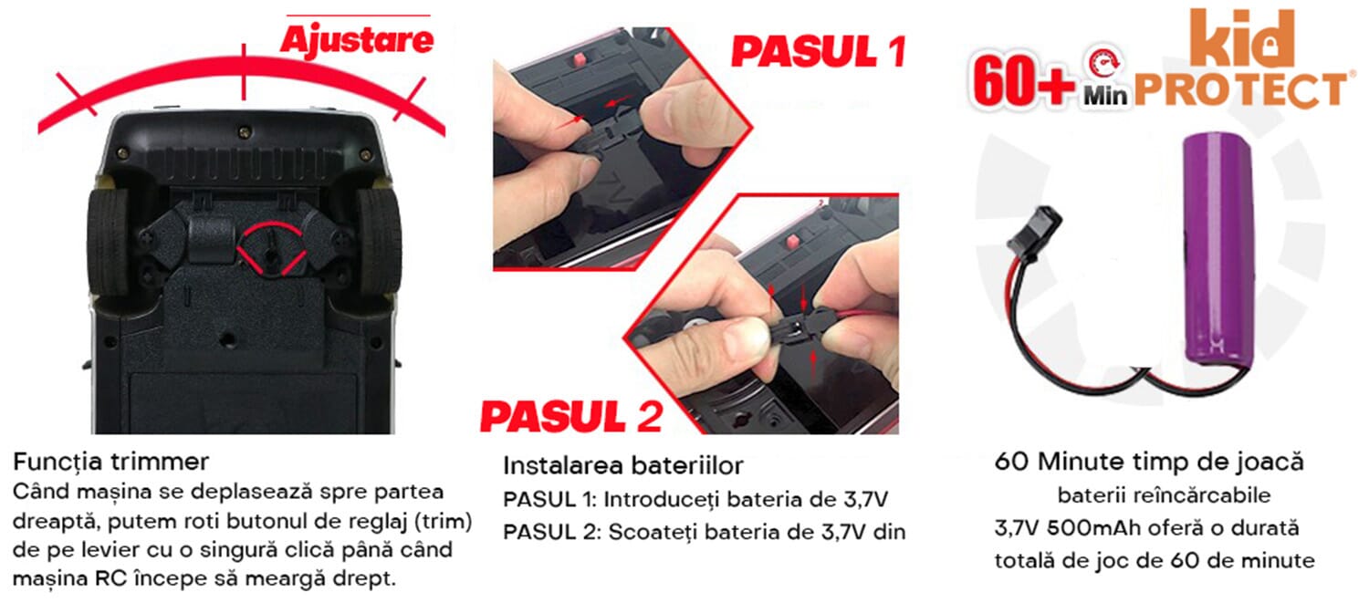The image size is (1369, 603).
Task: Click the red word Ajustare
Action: (357, 40)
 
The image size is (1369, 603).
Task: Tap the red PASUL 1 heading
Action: (819, 51)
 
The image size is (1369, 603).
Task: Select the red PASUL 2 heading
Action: (571, 417)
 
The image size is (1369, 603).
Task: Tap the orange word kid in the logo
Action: (1242, 38)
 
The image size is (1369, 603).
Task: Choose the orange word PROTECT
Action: (1240, 90)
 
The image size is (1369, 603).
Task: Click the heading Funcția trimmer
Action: (110, 462)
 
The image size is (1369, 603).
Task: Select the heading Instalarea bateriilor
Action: (622, 465)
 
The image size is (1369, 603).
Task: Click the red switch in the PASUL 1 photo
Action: (577, 60)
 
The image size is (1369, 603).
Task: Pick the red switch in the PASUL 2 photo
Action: (793, 240)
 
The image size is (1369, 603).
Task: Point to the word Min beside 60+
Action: (1105, 96)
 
